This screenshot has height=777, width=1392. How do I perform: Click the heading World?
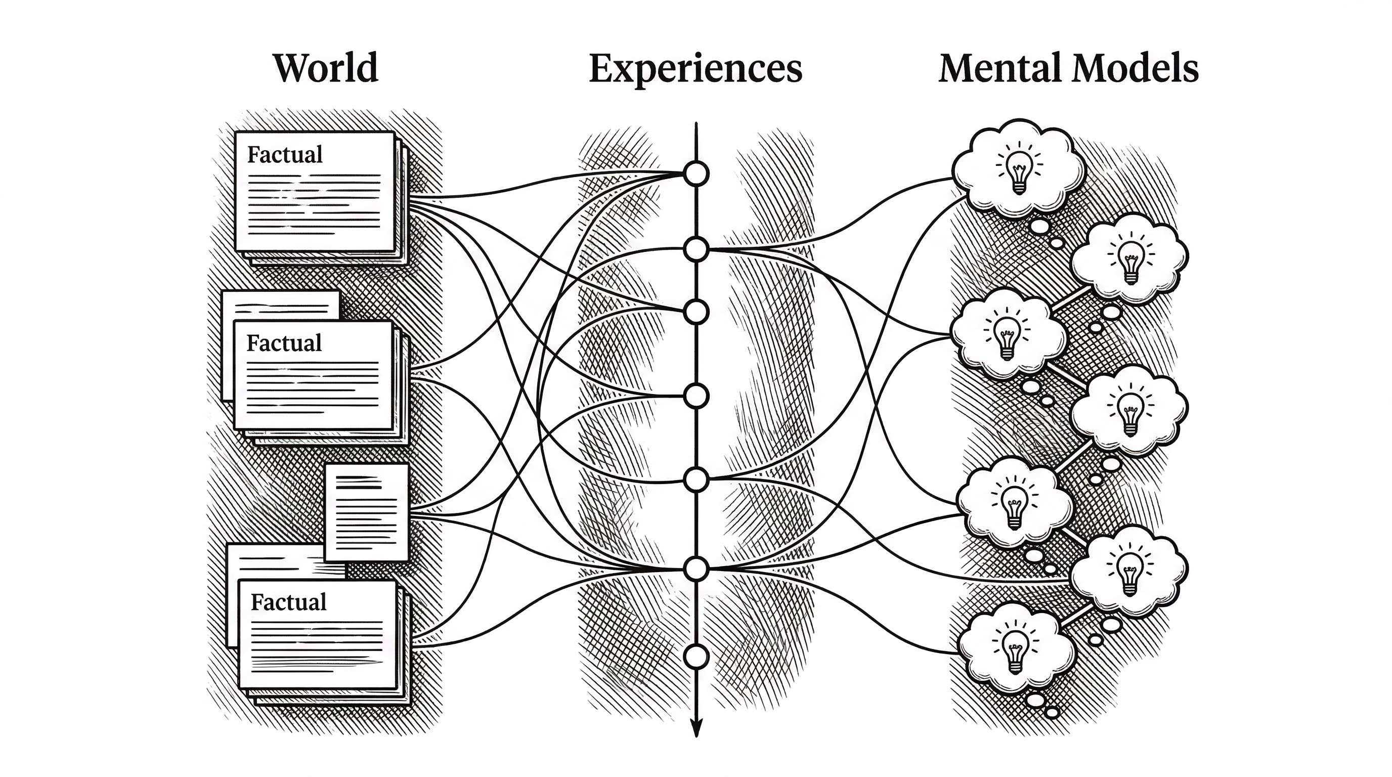pos(325,69)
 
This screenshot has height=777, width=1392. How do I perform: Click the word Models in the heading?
pos(1136,69)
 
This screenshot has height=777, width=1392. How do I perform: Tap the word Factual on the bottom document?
pos(288,602)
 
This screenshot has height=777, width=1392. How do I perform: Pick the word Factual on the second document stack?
pos(284,343)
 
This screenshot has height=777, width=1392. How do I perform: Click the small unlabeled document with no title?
pos(366,512)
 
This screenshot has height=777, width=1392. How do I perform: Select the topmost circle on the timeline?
pos(696,174)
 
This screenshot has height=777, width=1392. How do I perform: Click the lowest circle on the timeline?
pos(696,657)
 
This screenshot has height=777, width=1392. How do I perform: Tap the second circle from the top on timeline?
pos(696,249)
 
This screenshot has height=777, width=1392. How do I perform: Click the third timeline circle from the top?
pos(696,312)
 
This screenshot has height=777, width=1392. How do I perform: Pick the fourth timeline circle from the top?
pos(696,396)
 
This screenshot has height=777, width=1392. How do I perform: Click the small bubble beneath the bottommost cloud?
pos(1036,700)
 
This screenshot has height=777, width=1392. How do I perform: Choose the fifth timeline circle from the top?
pos(696,479)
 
